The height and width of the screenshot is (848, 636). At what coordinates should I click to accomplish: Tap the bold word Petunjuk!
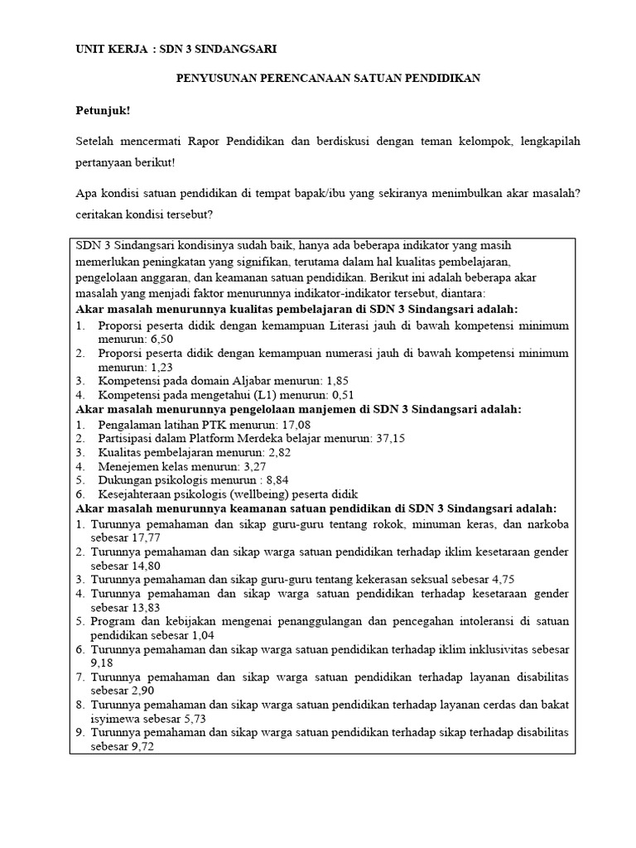tap(104, 109)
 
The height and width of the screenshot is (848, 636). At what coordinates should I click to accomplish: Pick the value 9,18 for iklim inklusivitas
tap(104, 662)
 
